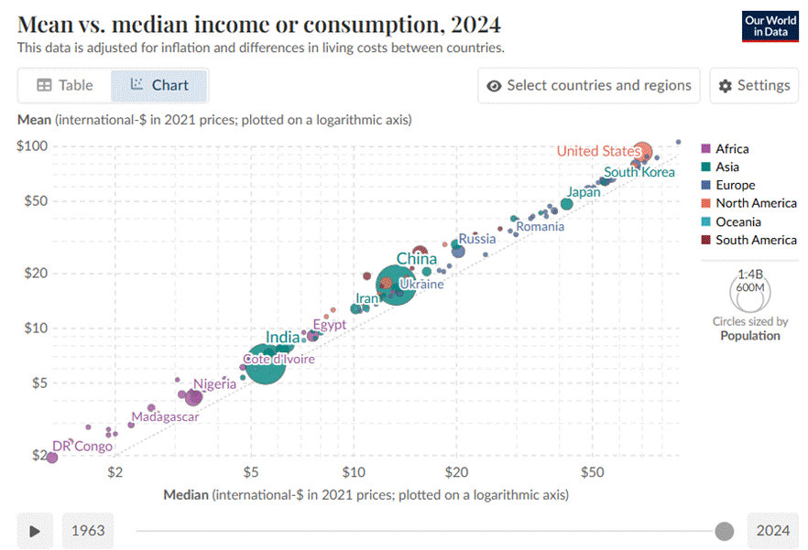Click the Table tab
coord(65,85)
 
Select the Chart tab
coord(159,85)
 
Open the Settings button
coord(754,85)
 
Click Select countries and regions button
coord(588,85)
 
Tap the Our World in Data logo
coord(770,26)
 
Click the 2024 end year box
coord(773,531)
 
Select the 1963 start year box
coord(89,531)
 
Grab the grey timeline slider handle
coord(725,531)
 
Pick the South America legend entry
coord(755,240)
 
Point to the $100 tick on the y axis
coord(32,146)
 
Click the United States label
coord(598,151)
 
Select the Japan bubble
coord(566,204)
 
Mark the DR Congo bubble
coord(52,457)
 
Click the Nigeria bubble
coord(193,397)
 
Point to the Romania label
coord(540,226)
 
